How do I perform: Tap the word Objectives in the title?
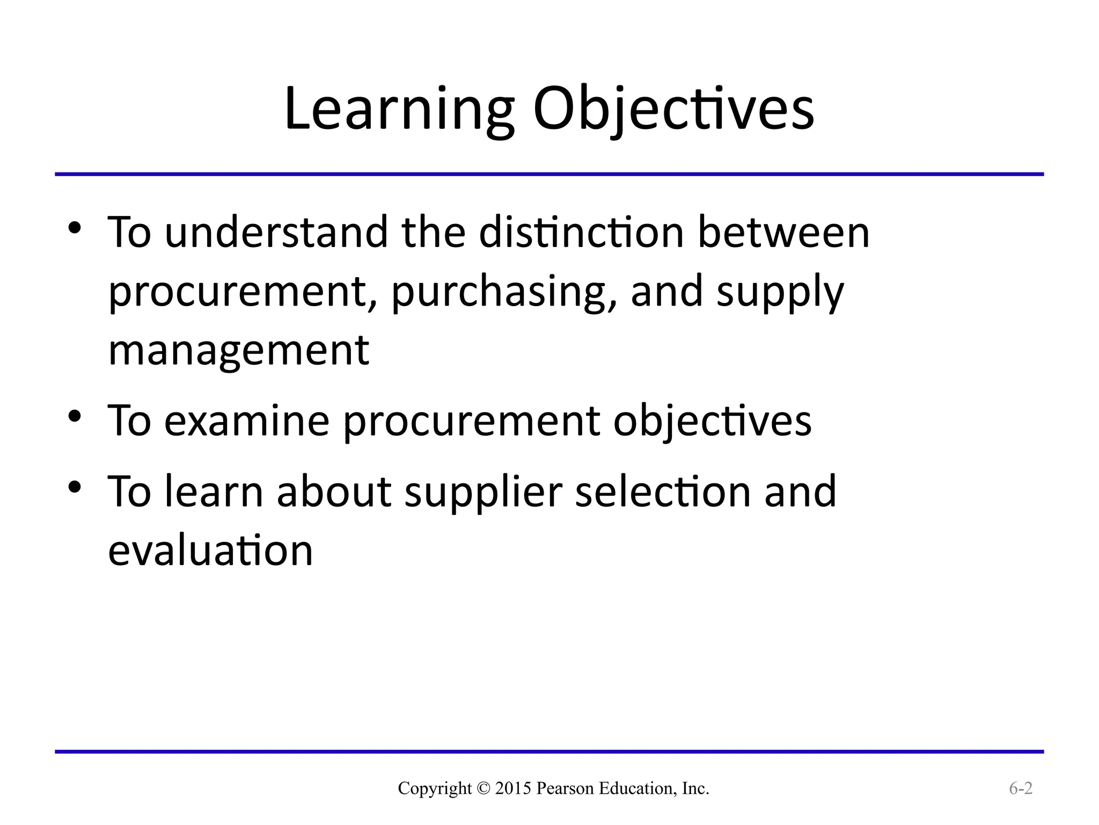(x=673, y=110)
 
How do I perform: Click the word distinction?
(x=581, y=233)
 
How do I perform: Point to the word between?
(x=783, y=233)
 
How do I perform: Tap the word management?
(x=239, y=350)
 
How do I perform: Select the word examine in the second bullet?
(x=246, y=421)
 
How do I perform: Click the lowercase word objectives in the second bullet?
(x=712, y=421)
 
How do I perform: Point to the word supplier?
(x=483, y=491)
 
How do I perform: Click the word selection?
(x=663, y=491)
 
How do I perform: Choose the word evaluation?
(x=210, y=551)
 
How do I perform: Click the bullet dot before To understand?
(x=75, y=229)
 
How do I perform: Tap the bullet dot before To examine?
(x=75, y=416)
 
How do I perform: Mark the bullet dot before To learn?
(x=75, y=487)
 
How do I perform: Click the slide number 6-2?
(x=1021, y=788)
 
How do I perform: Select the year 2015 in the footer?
(x=513, y=788)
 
